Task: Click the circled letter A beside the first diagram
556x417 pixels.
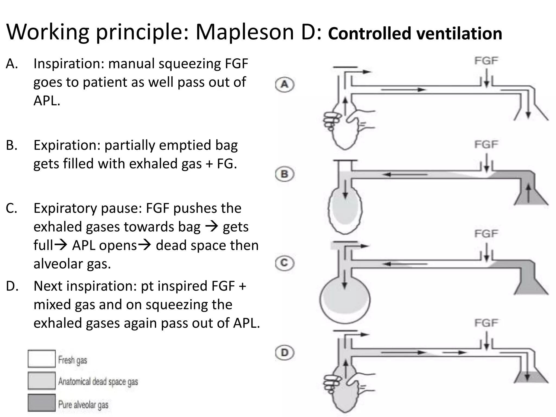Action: [285, 85]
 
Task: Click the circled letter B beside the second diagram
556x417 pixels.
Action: [285, 174]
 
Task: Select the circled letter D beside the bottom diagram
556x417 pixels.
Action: [285, 353]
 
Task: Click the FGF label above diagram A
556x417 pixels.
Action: [486, 61]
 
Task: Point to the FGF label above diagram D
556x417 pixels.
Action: [486, 323]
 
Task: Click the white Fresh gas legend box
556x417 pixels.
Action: [42, 359]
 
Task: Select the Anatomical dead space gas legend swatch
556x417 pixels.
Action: [42, 381]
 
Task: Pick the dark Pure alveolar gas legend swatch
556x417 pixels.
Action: [42, 403]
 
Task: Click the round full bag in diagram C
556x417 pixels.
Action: [345, 300]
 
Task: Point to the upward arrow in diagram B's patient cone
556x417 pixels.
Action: [528, 193]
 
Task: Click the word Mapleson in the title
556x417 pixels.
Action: [244, 32]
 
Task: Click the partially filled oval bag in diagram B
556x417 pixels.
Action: [345, 210]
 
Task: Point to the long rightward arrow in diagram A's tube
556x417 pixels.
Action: [403, 90]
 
